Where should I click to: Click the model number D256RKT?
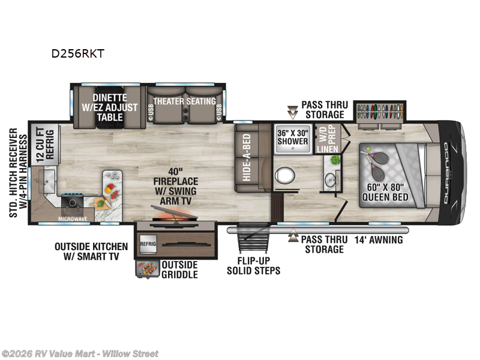[x=77, y=53]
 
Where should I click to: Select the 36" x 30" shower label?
[x=292, y=137]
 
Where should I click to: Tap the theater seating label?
[x=184, y=101]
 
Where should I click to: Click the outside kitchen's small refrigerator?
[x=148, y=245]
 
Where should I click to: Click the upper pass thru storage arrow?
[x=293, y=111]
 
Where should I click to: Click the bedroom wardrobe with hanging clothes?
[x=379, y=112]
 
